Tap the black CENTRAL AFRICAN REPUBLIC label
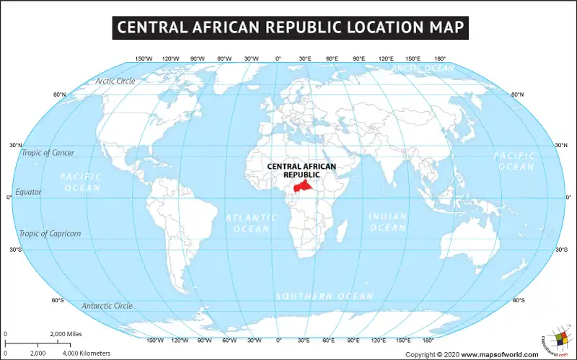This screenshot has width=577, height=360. coord(301,170)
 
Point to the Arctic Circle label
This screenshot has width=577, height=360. coord(115,81)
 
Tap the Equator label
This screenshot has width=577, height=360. coord(29,192)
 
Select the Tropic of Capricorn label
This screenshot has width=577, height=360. coord(50,233)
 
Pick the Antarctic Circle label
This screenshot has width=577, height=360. coord(107,306)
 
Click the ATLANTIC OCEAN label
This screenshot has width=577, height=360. coord(251,223)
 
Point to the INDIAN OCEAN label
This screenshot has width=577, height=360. coord(388,222)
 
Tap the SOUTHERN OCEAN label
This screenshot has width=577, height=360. coord(325,297)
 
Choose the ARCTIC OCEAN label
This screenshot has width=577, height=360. coord(423,69)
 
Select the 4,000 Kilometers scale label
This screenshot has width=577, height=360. coord(87,353)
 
